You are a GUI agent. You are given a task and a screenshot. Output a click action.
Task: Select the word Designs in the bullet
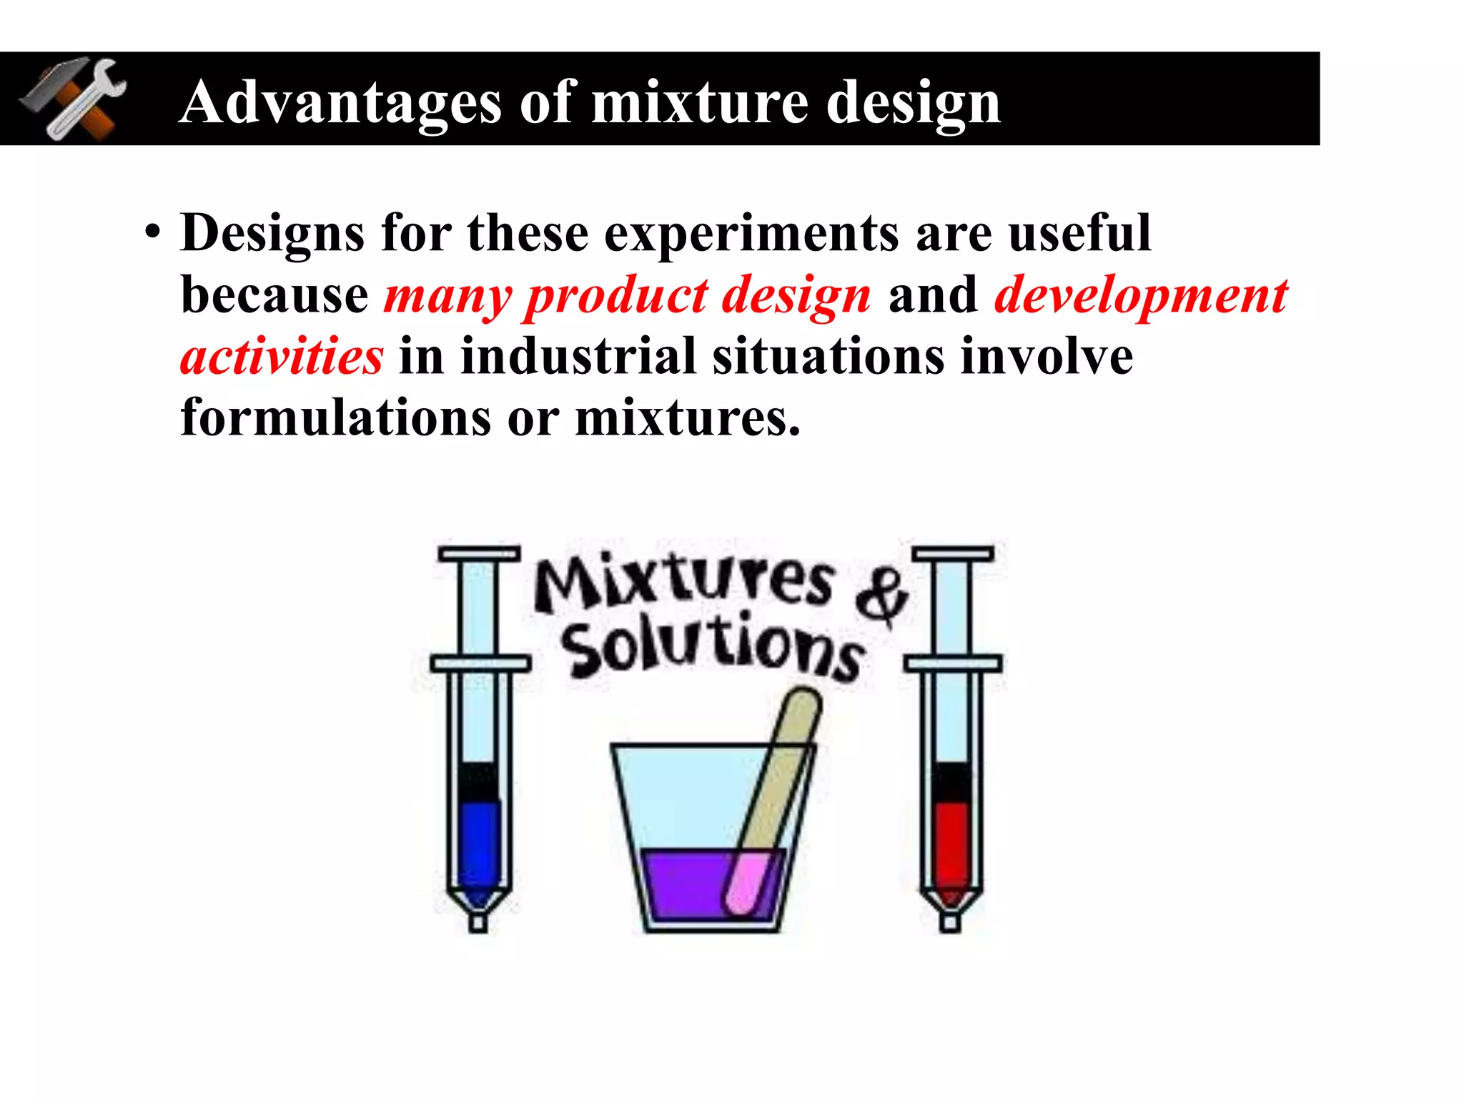[x=272, y=234]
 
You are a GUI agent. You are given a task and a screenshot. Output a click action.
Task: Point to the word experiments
[x=751, y=234]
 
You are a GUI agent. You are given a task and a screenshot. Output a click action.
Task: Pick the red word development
[x=1141, y=295]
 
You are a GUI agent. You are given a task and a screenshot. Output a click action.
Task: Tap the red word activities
[x=282, y=356]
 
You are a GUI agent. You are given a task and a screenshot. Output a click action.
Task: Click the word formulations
[x=335, y=417]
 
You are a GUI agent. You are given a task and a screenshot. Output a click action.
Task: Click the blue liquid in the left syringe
[x=479, y=844]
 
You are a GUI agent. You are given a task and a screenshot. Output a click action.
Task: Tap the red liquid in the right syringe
[x=951, y=844]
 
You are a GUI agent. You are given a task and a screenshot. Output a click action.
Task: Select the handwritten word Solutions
[x=711, y=647]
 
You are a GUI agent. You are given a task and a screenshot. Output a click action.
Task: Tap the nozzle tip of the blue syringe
[x=478, y=921]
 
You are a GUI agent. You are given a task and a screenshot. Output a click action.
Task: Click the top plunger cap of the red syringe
[x=953, y=554]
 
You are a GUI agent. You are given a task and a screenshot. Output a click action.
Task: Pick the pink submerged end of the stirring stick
[x=747, y=883]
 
